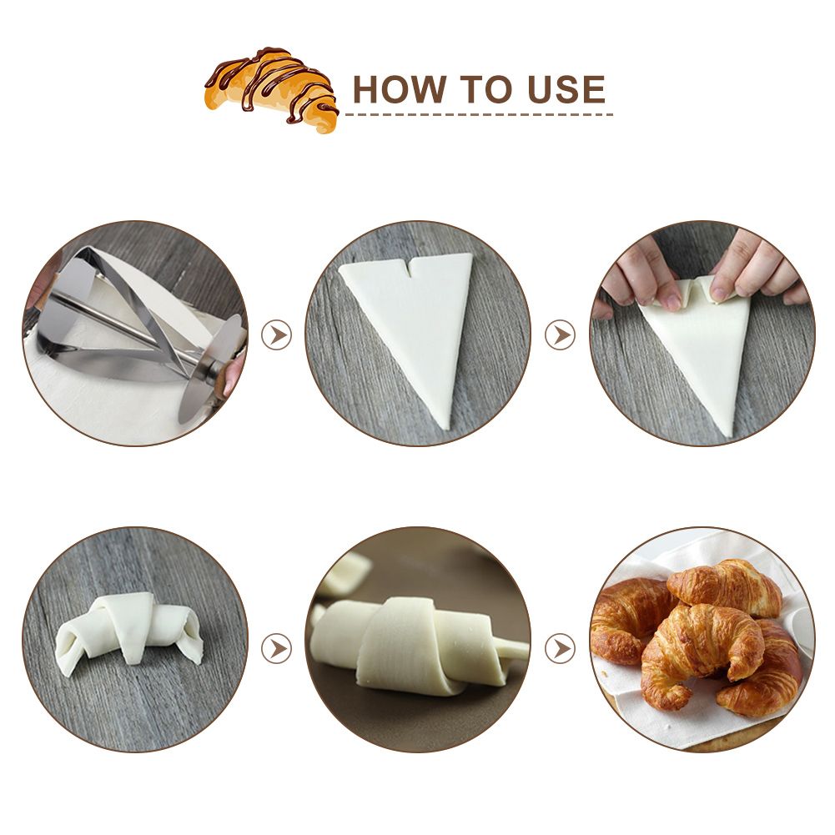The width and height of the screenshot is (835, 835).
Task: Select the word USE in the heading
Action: click(566, 89)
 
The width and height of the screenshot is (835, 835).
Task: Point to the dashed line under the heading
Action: click(480, 114)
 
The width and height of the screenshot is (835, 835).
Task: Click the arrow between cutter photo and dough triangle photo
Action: click(277, 335)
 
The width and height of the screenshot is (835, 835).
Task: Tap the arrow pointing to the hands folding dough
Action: click(561, 335)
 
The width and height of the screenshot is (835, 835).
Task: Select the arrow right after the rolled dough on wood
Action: click(277, 649)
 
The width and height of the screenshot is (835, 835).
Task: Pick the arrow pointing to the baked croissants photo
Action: click(561, 649)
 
